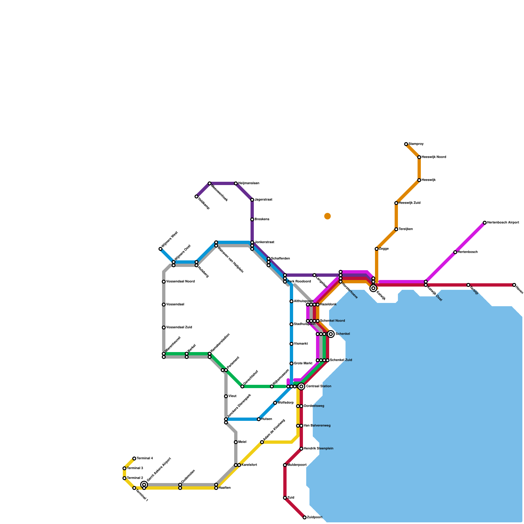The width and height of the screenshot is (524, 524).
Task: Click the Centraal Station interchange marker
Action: click(301, 386)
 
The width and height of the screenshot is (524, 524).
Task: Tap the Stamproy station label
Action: click(416, 144)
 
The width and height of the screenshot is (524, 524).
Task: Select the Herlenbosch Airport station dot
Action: click(485, 223)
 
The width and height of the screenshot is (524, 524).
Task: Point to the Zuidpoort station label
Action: click(314, 517)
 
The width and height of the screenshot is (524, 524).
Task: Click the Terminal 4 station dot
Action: click(134, 458)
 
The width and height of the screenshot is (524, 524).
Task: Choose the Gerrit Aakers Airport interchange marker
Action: click(144, 485)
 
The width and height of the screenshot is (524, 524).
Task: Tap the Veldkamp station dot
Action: click(196, 196)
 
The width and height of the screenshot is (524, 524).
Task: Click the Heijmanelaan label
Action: click(249, 183)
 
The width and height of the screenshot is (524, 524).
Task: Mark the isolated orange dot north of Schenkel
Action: click(327, 216)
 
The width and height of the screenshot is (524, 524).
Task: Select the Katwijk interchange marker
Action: click(373, 288)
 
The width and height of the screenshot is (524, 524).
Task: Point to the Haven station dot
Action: click(514, 285)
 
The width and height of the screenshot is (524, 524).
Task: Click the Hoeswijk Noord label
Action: click(434, 157)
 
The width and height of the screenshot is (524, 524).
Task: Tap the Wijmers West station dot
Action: click(160, 249)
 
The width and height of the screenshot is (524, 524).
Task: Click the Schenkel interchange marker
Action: click(331, 334)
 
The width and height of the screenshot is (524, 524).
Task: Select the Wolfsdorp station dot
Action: click(275, 403)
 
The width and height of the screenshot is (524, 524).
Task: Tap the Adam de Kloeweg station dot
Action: click(262, 442)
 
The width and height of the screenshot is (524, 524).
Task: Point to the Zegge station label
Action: click(384, 249)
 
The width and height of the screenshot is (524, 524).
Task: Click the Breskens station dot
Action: click(252, 219)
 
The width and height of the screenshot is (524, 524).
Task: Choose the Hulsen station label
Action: click(267, 419)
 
